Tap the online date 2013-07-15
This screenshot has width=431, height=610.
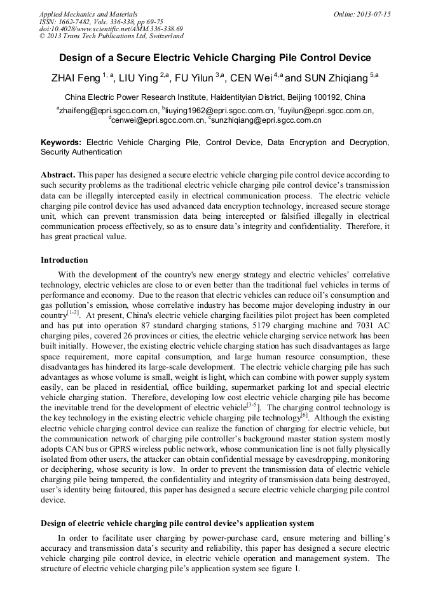click(373, 14)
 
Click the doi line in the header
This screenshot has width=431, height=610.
click(111, 29)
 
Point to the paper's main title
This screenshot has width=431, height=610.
click(215, 58)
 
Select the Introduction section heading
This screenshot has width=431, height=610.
click(64, 260)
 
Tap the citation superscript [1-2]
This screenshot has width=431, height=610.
click(73, 312)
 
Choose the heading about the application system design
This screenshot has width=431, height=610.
click(177, 523)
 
